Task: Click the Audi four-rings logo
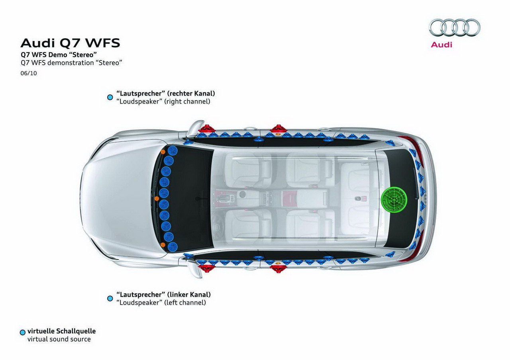coord(454,27)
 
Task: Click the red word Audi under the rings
coord(441,45)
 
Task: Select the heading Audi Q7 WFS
coord(70,43)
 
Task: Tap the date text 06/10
coord(29,73)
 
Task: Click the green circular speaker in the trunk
coord(394,198)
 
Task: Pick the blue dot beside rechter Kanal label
coord(110,97)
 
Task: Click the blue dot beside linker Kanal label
coord(110,298)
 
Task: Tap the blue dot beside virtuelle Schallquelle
coord(23,332)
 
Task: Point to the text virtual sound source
coord(59,339)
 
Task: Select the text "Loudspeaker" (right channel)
coord(163,102)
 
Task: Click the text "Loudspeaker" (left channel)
coord(161,303)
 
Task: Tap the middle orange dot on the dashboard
coord(157,198)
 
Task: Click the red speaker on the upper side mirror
coord(207,129)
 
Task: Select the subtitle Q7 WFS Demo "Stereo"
coord(59,55)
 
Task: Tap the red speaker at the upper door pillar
coord(278,129)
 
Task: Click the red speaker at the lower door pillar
coord(278,268)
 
